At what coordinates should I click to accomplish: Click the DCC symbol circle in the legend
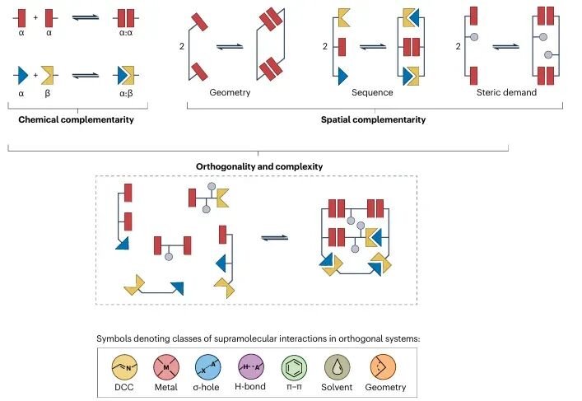point(124,367)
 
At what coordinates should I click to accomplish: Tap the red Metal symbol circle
point(166,367)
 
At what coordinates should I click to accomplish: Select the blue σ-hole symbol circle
point(207,367)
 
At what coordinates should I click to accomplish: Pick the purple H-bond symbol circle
point(251,367)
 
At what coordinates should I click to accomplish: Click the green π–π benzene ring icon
point(294,367)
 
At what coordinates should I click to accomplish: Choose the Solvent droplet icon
point(337,367)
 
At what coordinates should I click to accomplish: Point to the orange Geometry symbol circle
point(383,367)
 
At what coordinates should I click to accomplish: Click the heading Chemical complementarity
point(76,119)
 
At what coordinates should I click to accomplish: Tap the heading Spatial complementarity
point(374,119)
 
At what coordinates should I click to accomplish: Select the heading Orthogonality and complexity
point(259,166)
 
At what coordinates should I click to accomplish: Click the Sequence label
point(372,92)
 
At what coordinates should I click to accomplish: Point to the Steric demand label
point(506,92)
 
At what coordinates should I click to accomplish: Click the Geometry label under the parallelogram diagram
point(230,92)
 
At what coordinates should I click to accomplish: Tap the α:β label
point(126,94)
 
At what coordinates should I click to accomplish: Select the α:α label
point(126,33)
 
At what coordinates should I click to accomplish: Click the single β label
point(47,94)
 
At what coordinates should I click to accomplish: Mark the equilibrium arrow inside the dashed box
point(275,238)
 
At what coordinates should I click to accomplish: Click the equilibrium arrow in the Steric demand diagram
point(506,47)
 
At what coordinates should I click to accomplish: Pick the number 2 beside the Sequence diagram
point(325,46)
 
